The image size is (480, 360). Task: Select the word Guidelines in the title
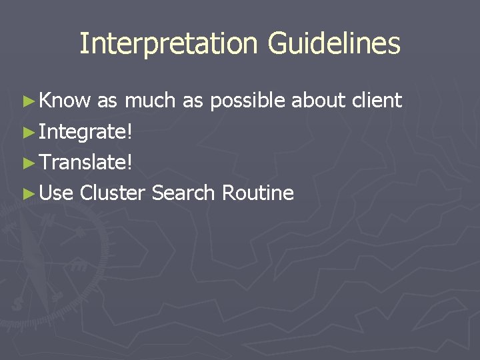coord(334,44)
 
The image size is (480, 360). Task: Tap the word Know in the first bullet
coord(65,101)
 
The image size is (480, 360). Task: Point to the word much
coord(151,101)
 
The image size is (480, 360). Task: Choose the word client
coord(377,101)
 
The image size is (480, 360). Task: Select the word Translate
coord(83,163)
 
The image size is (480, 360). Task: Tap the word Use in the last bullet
coord(57,193)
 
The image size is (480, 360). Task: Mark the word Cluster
coord(112,193)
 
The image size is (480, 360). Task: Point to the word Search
coord(183,193)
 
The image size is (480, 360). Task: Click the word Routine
coord(257,193)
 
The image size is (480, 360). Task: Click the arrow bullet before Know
coord(27,101)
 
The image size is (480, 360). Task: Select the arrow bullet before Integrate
coord(27,132)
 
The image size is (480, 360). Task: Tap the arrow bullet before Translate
coord(27,163)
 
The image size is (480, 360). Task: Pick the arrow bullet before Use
coord(27,193)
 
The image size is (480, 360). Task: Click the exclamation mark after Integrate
coord(129,131)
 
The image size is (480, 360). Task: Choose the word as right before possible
coord(193,101)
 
